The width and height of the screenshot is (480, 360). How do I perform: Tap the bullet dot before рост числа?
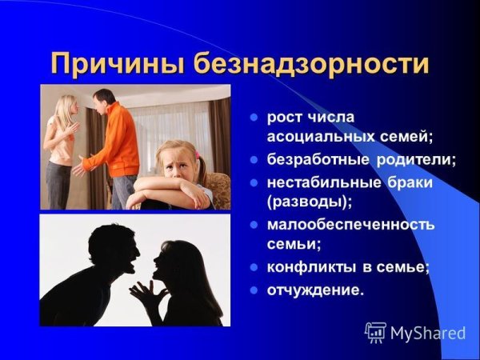point(253,117)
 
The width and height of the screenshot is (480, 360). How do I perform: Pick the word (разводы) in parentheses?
point(308,201)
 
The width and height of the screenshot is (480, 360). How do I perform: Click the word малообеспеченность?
point(351,224)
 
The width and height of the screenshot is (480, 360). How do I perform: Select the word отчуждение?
point(314,290)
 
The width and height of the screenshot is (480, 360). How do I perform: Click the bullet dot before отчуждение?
point(253,290)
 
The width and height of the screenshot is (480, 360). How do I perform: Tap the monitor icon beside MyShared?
point(375,331)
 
